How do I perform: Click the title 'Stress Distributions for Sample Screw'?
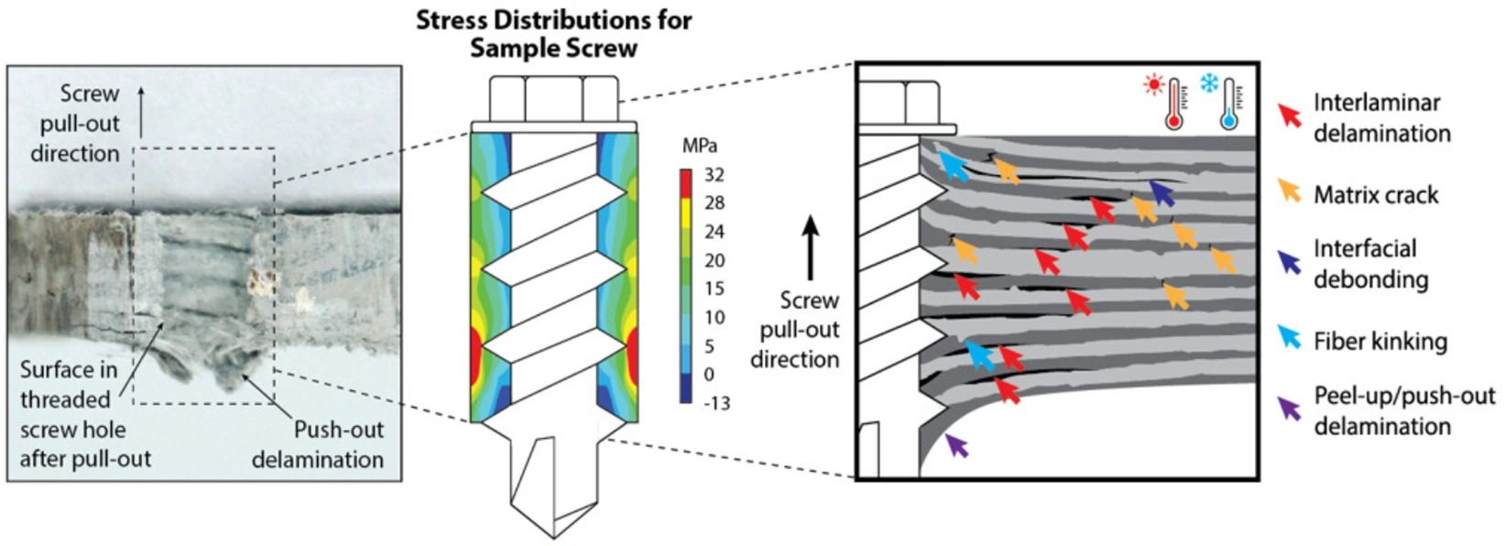[553, 34]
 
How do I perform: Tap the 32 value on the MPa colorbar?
[714, 175]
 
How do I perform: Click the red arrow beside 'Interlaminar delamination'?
[1290, 115]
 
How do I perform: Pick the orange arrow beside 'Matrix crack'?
[1290, 191]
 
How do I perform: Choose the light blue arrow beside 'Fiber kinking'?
[1290, 338]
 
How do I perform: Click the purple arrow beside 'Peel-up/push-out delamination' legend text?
[1290, 409]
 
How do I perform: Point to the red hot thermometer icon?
[1169, 103]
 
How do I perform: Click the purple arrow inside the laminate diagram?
[955, 445]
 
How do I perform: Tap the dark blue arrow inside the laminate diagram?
[1162, 191]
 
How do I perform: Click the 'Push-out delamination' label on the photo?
[318, 444]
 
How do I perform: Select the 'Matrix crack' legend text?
[1376, 194]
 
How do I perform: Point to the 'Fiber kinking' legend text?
[1380, 342]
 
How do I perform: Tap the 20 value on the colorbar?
[714, 260]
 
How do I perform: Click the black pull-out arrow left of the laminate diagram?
[810, 247]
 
